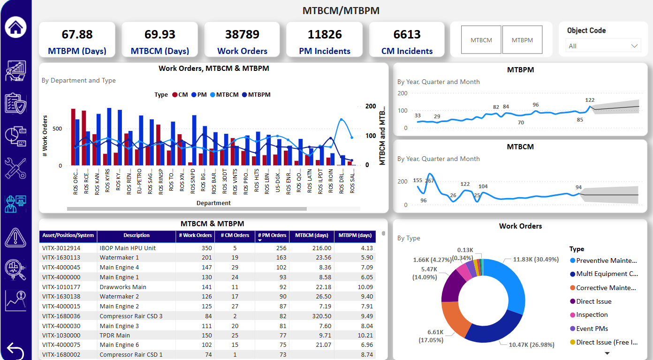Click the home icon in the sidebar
(x=15, y=27)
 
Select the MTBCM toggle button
(x=481, y=40)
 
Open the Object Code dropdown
(x=604, y=46)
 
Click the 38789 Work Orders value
(x=242, y=34)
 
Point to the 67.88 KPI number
(x=77, y=34)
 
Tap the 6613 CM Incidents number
(x=407, y=34)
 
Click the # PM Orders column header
(x=272, y=236)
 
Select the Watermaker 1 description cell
(x=119, y=258)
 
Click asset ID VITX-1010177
(x=61, y=287)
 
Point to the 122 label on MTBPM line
(x=590, y=100)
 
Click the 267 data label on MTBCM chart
(x=429, y=181)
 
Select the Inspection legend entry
(x=592, y=315)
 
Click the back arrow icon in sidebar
(x=15, y=351)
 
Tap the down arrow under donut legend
(x=607, y=353)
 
